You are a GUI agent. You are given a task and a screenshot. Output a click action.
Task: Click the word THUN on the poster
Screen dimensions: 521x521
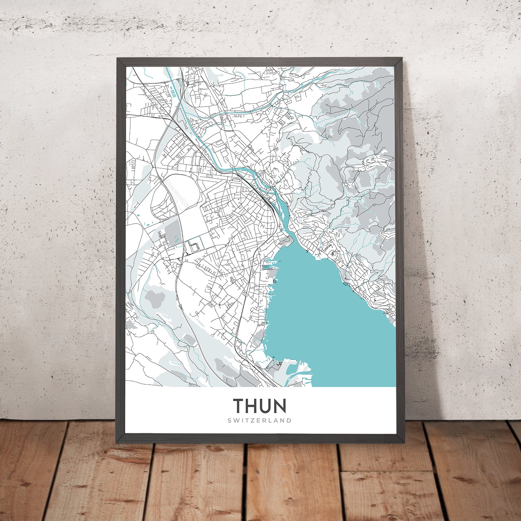[260, 406]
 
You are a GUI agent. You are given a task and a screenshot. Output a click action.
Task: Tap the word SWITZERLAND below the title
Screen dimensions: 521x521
[260, 420]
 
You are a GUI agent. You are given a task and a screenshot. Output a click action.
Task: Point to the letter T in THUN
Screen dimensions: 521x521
[238, 406]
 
